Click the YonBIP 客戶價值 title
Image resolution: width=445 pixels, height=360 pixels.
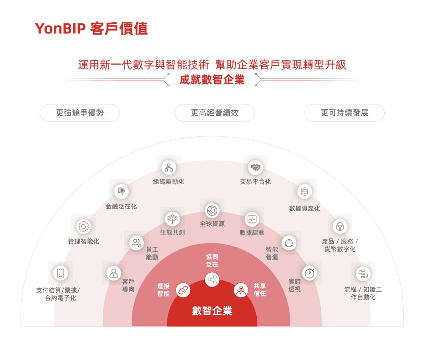point(91,29)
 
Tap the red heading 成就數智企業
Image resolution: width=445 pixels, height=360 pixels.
point(212,79)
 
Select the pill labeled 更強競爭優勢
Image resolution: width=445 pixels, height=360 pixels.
point(80,113)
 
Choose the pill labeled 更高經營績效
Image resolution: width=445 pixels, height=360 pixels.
point(215,113)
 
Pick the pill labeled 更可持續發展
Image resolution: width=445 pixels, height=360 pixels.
point(344,113)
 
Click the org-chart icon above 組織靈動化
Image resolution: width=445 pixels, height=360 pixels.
point(169,168)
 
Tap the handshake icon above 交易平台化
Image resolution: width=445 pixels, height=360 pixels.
point(255,168)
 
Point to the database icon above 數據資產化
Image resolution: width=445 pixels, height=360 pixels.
point(304,192)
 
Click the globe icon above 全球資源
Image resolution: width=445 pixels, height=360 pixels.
point(212,211)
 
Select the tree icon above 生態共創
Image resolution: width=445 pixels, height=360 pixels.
point(172,219)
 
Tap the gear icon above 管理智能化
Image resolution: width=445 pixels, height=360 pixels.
point(84,226)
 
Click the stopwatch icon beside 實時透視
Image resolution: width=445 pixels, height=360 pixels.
point(309,273)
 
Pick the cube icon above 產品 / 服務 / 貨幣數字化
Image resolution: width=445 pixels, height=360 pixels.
point(340,226)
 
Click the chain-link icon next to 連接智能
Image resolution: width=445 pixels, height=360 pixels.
point(183,290)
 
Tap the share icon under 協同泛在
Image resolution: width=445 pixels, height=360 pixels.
point(212,279)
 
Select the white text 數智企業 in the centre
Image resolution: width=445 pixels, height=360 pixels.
point(212,311)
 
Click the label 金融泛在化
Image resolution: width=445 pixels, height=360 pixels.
point(121,206)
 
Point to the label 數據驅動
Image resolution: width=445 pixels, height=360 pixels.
point(252,233)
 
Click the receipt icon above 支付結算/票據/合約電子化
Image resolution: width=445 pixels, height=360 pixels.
point(60,273)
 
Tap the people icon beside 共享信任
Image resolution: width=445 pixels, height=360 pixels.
point(241,290)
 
